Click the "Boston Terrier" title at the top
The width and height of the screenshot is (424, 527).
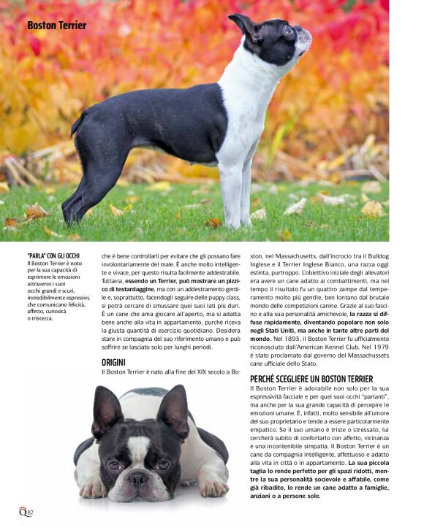57,26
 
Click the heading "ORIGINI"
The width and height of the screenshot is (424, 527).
113,362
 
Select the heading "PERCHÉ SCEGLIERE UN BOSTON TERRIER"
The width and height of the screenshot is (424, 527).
311,379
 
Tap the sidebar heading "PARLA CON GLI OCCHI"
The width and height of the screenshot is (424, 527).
53,255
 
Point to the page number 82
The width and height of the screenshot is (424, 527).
30,512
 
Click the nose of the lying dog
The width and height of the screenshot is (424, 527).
137,479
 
